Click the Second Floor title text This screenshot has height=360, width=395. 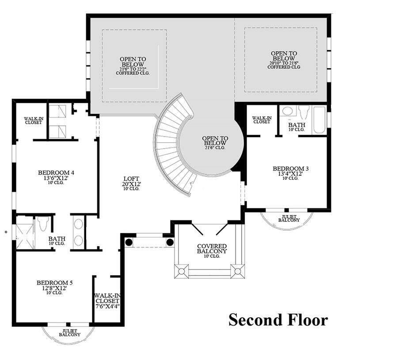(278, 319)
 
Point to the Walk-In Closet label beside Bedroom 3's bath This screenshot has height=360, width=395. (261, 120)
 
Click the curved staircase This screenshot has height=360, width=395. (170, 146)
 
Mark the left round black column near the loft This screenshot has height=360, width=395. (129, 242)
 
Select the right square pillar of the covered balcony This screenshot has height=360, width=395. (237, 271)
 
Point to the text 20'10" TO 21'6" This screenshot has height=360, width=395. (283, 63)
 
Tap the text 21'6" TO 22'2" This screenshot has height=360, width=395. (133, 68)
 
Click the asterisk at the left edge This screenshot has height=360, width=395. (6, 231)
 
